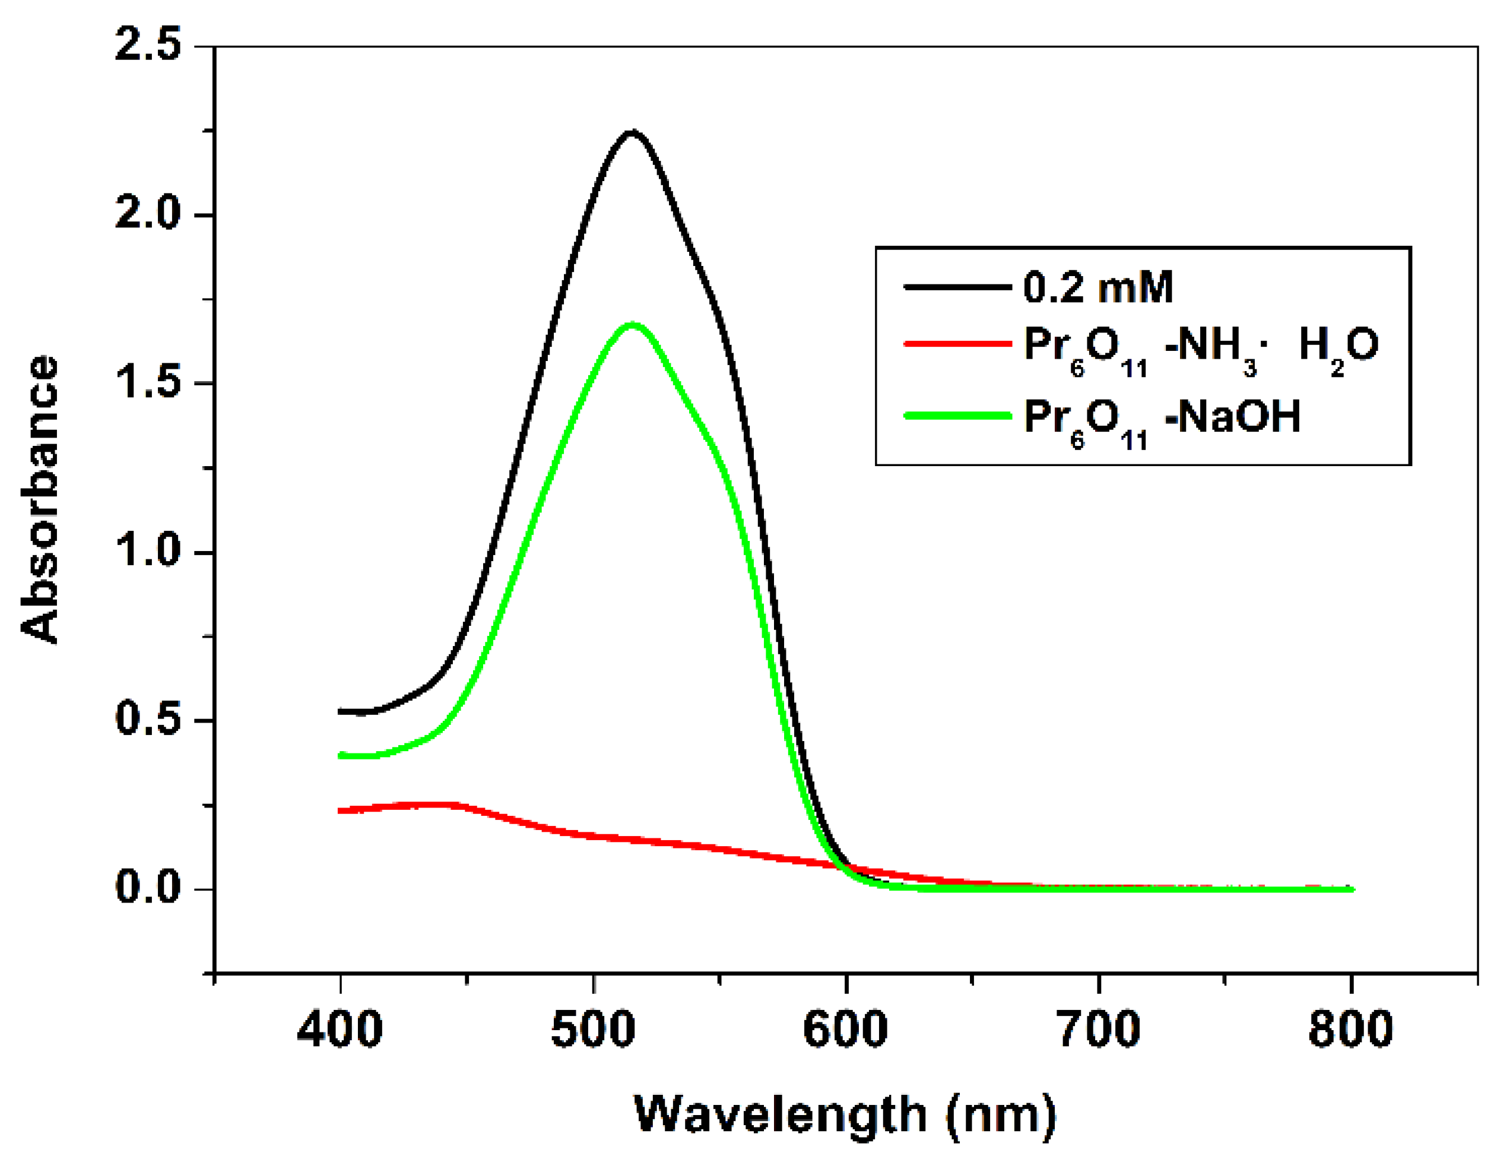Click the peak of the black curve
632,131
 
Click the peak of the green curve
632,324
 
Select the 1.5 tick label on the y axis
147,382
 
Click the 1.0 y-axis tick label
147,551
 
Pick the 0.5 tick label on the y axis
147,719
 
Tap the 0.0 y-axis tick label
147,888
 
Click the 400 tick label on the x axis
340,1030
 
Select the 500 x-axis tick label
593,1030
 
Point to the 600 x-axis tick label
845,1030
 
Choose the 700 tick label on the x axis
1099,1030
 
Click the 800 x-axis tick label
1350,1030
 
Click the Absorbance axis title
40,499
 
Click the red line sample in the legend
957,343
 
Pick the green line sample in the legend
957,415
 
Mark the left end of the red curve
341,810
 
